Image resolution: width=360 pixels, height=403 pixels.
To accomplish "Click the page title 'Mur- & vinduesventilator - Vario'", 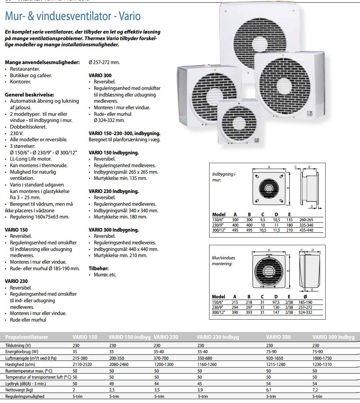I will click(73, 17).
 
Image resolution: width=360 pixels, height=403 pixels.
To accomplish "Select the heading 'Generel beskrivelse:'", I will click(29, 95).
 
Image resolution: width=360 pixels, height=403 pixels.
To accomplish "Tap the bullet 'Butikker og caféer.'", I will click(31, 75).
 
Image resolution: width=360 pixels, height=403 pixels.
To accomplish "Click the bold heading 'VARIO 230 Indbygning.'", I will click(113, 191).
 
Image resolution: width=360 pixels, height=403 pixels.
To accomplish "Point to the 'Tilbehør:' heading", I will click(99, 268).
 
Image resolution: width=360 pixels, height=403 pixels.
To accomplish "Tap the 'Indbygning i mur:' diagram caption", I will click(224, 177).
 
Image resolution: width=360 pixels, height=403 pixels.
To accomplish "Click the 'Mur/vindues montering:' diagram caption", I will click(224, 261).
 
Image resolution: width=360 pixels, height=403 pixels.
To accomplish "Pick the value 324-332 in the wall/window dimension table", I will click(306, 312).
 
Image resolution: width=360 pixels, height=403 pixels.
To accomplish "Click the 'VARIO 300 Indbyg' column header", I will click(333, 337).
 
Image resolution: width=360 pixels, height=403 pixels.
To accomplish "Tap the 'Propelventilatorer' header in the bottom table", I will click(27, 337).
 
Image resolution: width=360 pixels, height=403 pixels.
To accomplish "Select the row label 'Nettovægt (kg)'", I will click(19, 390).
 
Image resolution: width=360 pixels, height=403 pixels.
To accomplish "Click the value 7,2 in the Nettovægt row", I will click(315, 390).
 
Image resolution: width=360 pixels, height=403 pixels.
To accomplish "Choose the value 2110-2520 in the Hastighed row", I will click(83, 364).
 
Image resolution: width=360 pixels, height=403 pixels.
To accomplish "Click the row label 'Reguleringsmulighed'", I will click(25, 396).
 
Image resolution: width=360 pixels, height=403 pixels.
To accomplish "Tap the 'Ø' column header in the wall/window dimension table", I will click(305, 297).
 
